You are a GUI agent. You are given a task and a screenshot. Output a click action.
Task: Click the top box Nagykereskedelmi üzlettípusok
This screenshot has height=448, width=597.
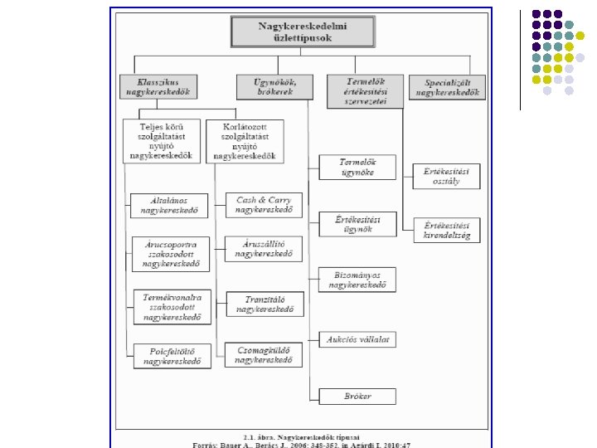coord(303,32)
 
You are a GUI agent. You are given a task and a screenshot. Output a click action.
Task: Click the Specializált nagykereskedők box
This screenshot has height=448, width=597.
coord(448,88)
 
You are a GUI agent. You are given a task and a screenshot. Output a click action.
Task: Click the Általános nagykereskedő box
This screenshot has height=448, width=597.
coord(170,206)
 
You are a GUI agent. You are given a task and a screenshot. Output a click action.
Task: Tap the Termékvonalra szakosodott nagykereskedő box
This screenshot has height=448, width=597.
coord(172,306)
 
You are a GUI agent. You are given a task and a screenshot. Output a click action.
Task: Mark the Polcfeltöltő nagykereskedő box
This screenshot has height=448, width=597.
coord(172,356)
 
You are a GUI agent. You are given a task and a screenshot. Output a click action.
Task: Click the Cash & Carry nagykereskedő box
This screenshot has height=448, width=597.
coord(264,205)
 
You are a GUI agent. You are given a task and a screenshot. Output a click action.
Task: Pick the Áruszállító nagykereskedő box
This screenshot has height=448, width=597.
coord(264,249)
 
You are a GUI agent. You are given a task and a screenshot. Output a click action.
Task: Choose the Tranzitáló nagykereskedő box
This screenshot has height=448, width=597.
coord(264,304)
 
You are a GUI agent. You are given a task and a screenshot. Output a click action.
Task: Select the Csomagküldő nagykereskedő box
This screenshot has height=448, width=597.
coord(264,355)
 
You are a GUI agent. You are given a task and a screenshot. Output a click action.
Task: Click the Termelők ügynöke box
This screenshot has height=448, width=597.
coord(357,167)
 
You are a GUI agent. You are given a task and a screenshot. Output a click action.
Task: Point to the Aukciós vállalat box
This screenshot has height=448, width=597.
coord(357,338)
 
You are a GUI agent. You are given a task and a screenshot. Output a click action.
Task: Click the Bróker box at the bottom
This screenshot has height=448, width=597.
coord(357,396)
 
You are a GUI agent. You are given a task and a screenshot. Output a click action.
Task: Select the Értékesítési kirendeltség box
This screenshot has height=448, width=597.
coord(447,230)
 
